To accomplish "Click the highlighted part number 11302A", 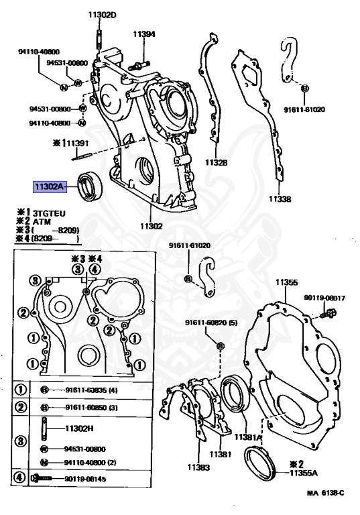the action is click(49, 187).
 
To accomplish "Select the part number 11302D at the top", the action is click(102, 15).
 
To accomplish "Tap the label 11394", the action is click(144, 34).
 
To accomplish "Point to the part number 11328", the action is click(216, 162).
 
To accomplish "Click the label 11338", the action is click(280, 198).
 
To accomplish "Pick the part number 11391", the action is click(78, 144).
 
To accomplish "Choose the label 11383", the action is click(198, 467).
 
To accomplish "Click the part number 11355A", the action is click(304, 473).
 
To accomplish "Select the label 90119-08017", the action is click(324, 298).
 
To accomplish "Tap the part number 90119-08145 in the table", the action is click(85, 479).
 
